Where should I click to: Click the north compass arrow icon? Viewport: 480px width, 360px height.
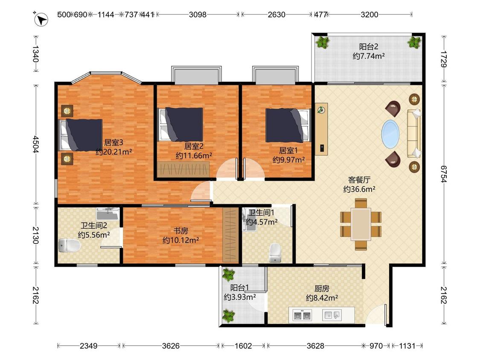click(x=41, y=20)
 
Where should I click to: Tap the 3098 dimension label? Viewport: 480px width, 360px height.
click(x=198, y=15)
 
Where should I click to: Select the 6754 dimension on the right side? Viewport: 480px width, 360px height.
click(x=444, y=174)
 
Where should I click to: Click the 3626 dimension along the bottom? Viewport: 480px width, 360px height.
click(x=171, y=345)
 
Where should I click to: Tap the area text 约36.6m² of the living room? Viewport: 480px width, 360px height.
click(x=359, y=189)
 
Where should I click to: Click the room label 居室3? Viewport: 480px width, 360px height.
click(x=113, y=142)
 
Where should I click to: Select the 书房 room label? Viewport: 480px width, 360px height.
click(x=180, y=230)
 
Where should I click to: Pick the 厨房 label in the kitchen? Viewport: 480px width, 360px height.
click(x=322, y=288)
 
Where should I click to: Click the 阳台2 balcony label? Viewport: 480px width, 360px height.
click(x=369, y=46)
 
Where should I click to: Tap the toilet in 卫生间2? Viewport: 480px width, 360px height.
click(x=69, y=246)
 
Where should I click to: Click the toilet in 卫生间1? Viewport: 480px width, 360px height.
click(x=275, y=253)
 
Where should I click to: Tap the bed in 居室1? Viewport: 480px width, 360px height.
click(x=288, y=125)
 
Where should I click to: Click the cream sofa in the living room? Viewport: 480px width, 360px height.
click(x=414, y=134)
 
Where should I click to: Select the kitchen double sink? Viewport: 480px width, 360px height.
click(x=303, y=315)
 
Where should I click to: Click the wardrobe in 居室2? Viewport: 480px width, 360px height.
click(x=183, y=169)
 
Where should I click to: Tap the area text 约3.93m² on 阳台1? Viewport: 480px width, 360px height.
click(x=240, y=297)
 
